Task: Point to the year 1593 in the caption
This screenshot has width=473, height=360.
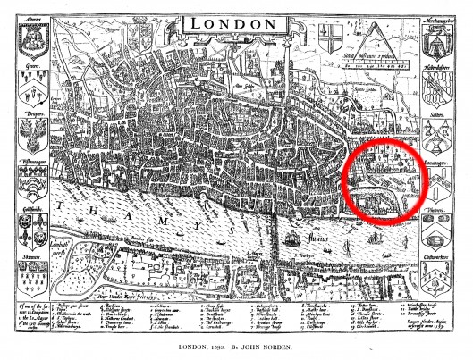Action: click(221, 348)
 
